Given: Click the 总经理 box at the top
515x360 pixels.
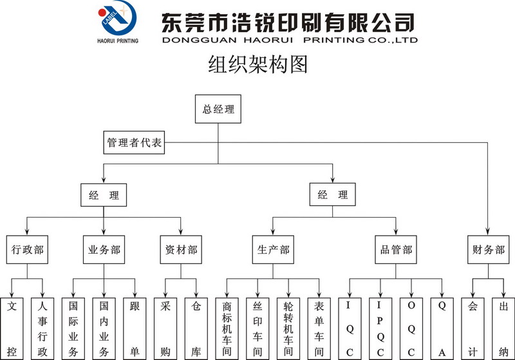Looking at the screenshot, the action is coord(218,109).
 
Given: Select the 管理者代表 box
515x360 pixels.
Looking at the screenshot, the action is coord(134,142).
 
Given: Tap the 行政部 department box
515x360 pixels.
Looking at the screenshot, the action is coord(27,250).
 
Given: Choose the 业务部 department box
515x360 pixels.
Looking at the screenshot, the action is coord(104,250).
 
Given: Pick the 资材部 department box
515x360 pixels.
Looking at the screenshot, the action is coord(181,250).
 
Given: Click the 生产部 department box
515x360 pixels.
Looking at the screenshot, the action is coord(273,250).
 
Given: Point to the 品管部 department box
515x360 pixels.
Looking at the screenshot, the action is coord(396,250).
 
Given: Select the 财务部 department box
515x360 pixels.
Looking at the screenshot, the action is coord(489,250).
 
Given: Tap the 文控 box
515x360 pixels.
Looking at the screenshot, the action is coord(12,329).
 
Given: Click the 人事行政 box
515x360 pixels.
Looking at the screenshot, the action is coord(42,329).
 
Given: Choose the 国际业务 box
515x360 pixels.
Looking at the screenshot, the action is coord(73,329).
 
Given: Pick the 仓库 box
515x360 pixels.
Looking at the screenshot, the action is coord(196,329).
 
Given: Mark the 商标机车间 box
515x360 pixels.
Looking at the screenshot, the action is coord(227,329).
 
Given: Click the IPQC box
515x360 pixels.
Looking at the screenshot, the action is coord(380,329).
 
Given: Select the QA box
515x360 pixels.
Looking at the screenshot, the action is coord(442,329).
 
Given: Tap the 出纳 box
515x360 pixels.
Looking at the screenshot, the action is coord(503,329).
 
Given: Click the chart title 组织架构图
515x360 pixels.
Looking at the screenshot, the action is coord(258,64).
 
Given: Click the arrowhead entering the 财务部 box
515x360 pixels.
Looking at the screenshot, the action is coord(487,231).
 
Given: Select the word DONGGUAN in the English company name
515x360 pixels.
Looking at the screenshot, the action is coord(200,40).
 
